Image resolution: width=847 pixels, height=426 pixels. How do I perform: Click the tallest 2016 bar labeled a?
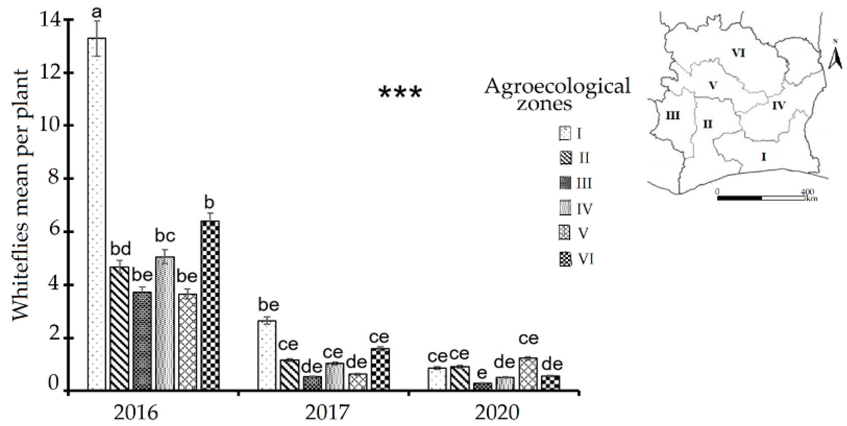[97, 214]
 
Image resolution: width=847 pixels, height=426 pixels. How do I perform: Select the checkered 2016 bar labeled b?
[210, 305]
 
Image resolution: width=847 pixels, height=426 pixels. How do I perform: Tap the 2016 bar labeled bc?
[165, 323]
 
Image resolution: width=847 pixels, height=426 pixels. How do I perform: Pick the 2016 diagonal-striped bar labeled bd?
[119, 328]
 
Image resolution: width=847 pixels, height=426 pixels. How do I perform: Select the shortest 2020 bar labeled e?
[482, 386]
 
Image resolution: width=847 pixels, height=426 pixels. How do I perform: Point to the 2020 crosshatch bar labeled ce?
[528, 374]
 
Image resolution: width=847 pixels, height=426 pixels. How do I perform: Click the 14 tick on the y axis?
[50, 20]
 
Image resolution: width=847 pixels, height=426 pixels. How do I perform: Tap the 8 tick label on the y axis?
[50, 179]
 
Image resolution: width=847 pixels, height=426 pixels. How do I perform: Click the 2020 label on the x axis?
[497, 413]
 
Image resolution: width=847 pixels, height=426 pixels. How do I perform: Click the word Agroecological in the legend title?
[557, 86]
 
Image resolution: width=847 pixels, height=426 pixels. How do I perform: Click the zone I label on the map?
[764, 157]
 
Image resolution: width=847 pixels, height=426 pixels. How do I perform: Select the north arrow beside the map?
[835, 61]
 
